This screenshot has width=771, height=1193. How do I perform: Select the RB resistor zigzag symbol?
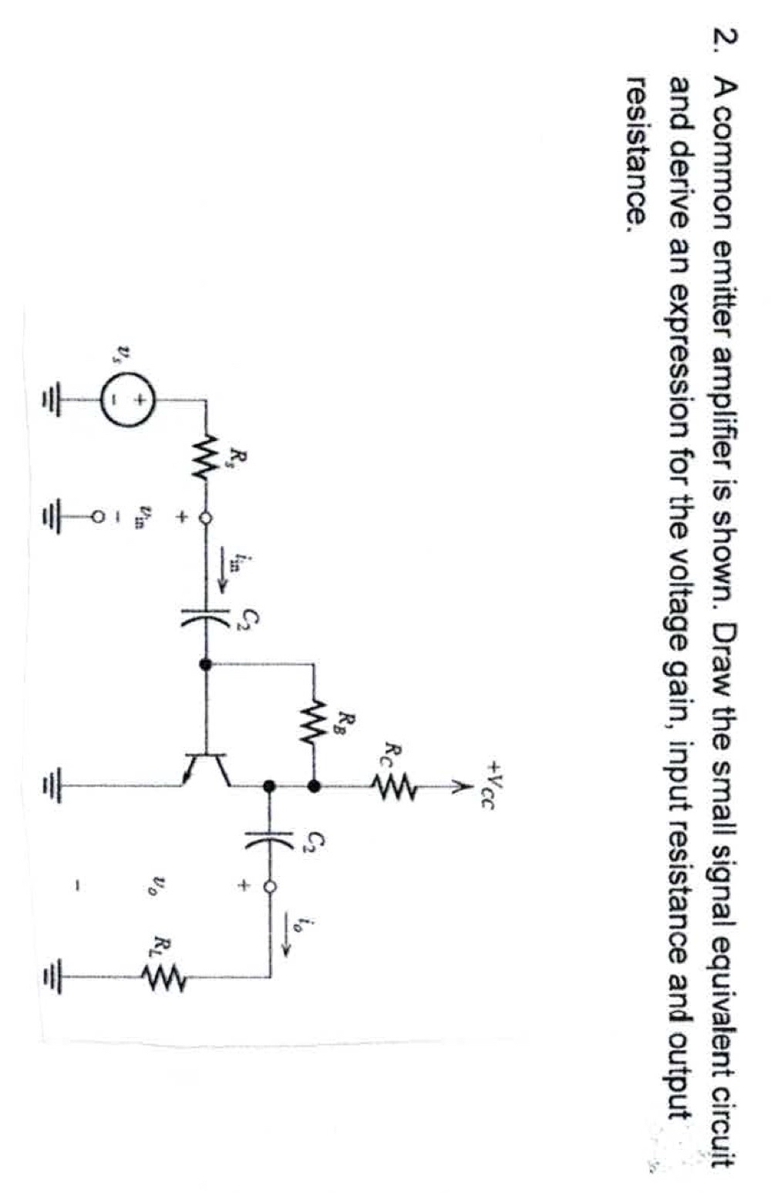(314, 723)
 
